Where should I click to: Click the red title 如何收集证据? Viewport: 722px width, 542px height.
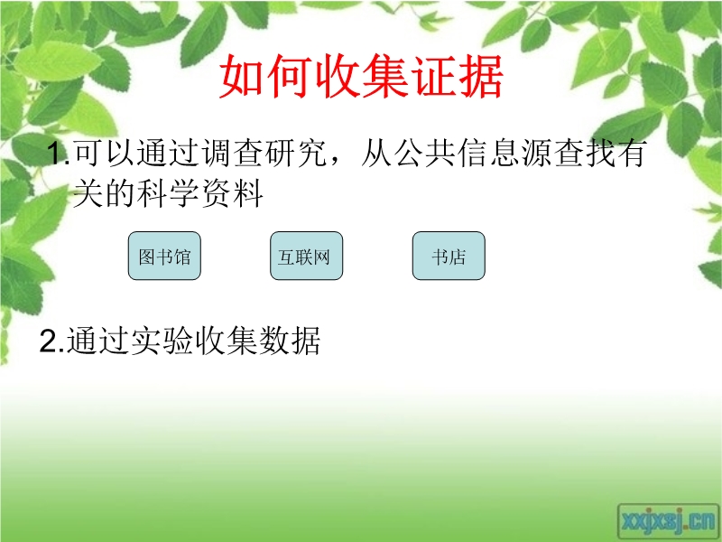361,77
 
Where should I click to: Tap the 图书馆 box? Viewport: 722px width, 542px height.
164,256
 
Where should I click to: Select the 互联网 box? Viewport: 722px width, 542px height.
306,256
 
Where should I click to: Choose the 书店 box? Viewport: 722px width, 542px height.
449,256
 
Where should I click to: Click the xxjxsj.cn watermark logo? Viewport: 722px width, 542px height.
668,521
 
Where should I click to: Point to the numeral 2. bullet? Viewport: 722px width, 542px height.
51,341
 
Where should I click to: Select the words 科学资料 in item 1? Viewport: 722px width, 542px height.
200,193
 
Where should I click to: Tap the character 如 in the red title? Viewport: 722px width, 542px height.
242,77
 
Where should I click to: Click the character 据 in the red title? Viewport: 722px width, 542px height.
480,77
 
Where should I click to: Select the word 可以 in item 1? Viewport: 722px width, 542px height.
104,153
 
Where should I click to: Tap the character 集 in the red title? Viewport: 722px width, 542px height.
385,77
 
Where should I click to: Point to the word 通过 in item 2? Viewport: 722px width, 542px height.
97,341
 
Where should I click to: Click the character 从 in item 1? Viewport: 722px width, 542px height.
376,153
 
